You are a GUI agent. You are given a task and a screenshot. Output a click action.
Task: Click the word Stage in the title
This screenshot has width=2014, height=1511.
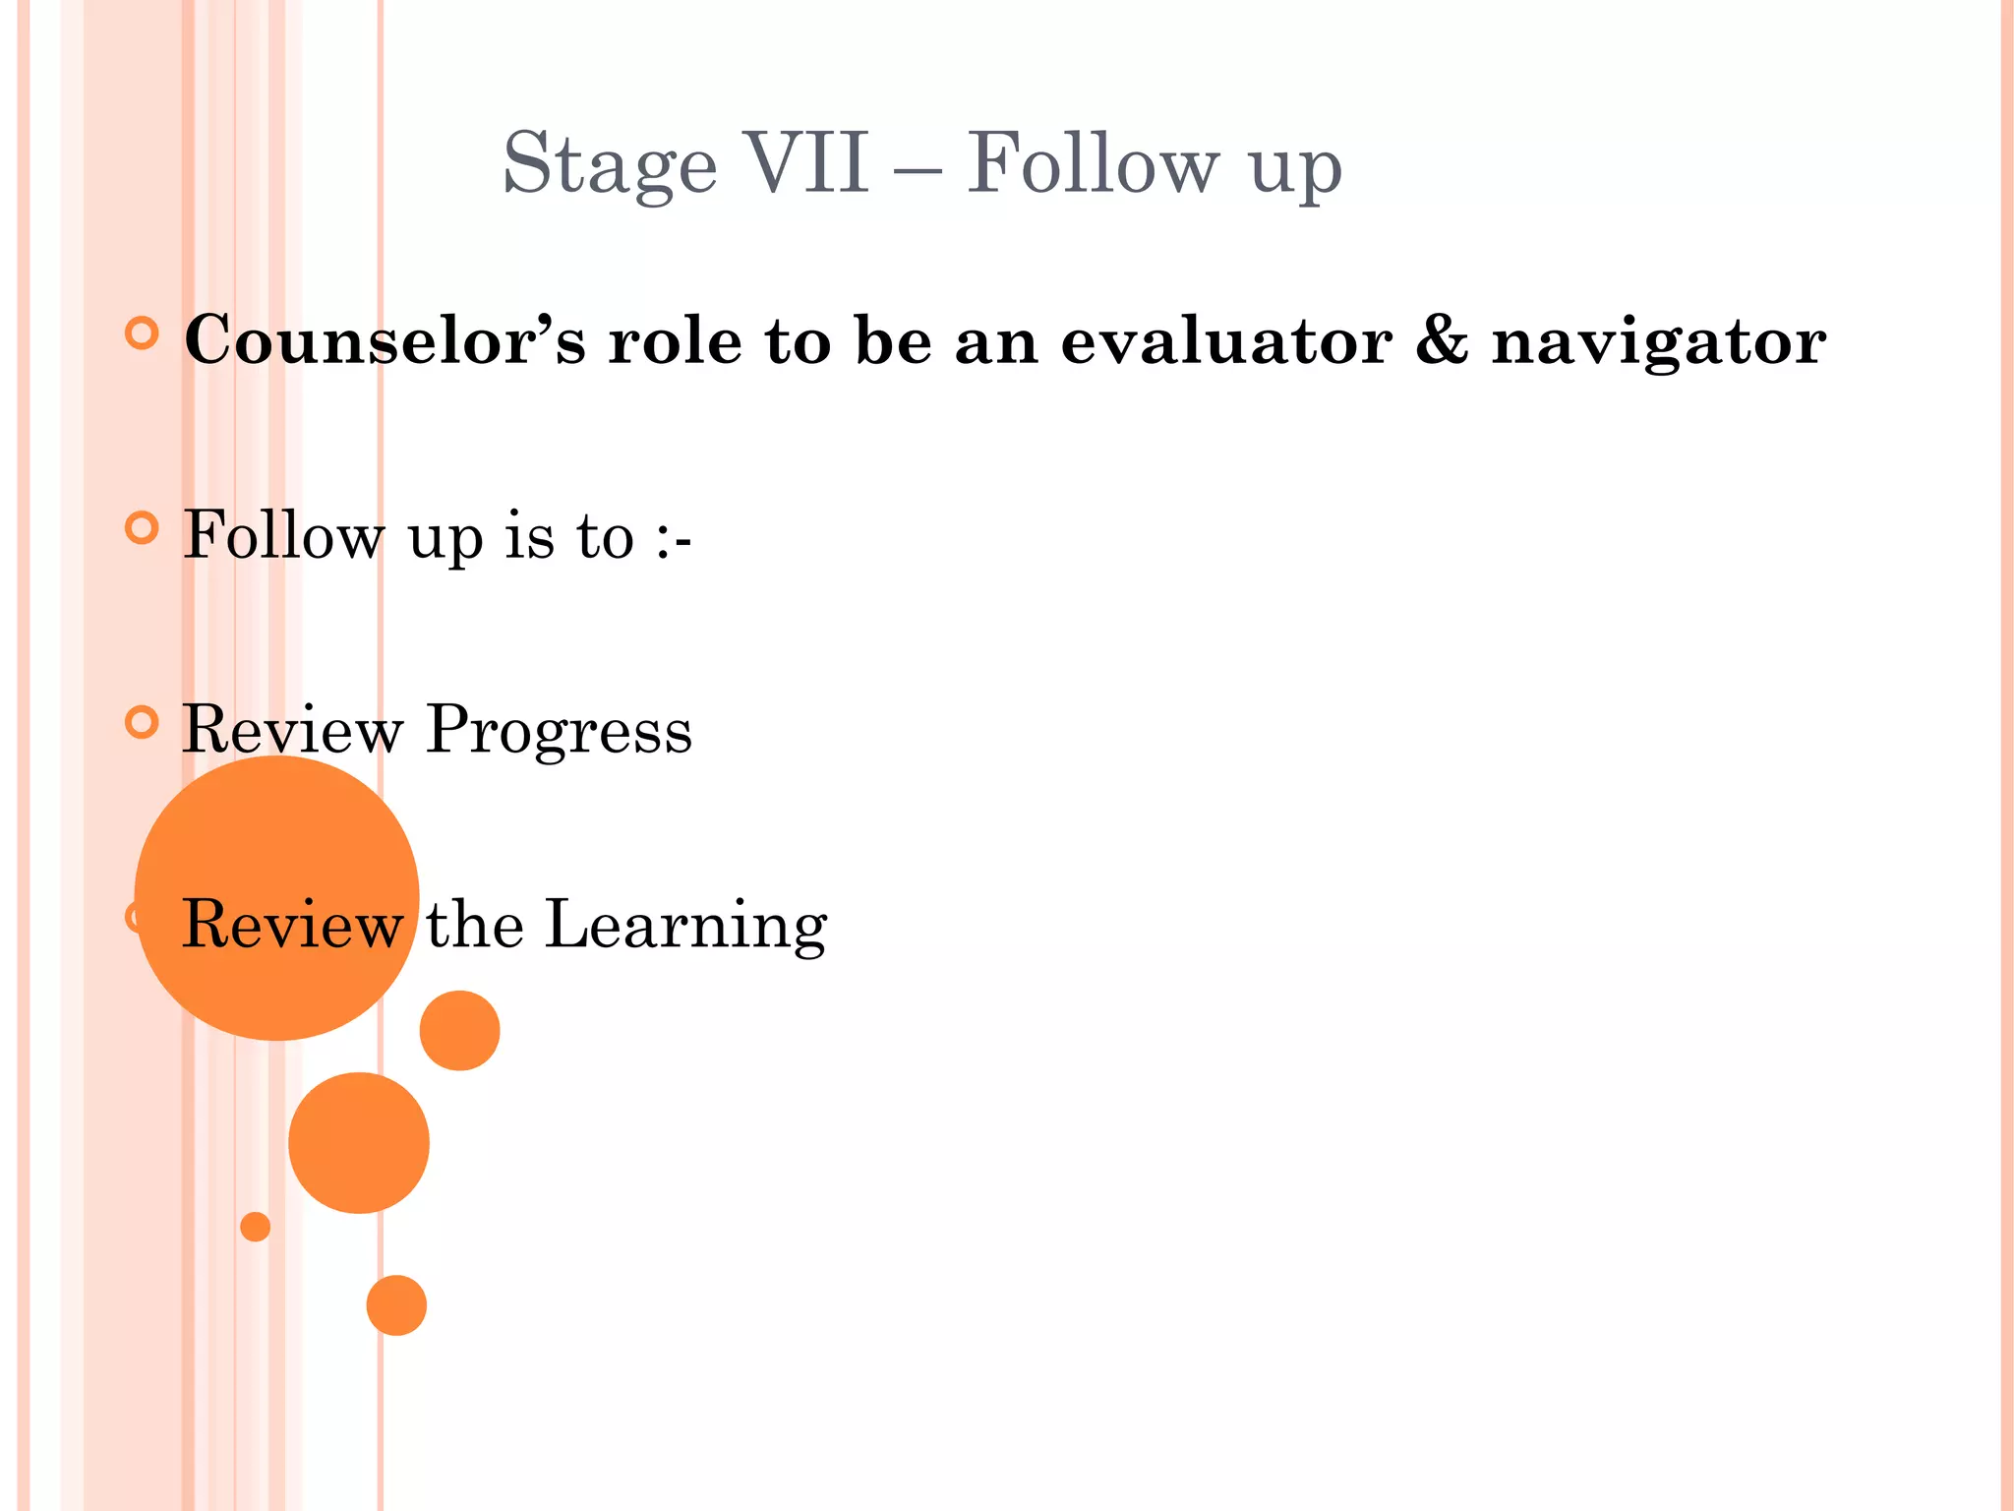610,165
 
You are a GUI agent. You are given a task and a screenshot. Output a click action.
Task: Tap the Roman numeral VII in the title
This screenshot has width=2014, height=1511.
806,162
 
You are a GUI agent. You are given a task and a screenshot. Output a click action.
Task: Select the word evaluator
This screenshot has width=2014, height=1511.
1225,341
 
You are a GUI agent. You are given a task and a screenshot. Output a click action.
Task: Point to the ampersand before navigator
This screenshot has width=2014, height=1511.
1442,340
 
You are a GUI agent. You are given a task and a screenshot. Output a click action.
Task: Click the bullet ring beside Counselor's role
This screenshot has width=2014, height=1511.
143,333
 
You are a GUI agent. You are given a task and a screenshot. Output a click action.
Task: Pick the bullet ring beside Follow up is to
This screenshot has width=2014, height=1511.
143,528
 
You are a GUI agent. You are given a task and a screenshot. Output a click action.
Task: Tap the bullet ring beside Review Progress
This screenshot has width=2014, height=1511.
143,723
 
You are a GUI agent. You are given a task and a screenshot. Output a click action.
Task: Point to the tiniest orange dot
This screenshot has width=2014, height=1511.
255,1227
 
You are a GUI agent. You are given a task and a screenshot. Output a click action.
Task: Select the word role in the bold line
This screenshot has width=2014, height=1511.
675,341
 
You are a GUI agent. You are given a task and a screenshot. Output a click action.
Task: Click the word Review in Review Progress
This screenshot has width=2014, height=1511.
292,731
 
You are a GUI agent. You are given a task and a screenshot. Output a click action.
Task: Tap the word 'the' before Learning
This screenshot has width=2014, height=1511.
474,925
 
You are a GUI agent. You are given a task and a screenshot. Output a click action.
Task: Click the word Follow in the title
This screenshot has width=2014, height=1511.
1093,163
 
